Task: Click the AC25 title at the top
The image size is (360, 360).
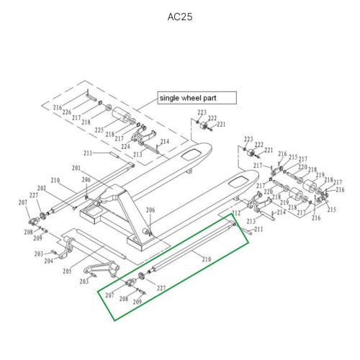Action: [179, 16]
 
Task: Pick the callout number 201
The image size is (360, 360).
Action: [76, 168]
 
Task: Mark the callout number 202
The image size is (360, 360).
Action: [42, 189]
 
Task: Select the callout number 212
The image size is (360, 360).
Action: [235, 214]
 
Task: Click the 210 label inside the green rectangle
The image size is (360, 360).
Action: [206, 258]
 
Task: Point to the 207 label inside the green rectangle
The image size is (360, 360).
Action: [110, 295]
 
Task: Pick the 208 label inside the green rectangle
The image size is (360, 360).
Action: [123, 298]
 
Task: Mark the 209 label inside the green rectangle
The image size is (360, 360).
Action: [137, 301]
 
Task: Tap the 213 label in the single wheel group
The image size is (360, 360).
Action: [138, 153]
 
